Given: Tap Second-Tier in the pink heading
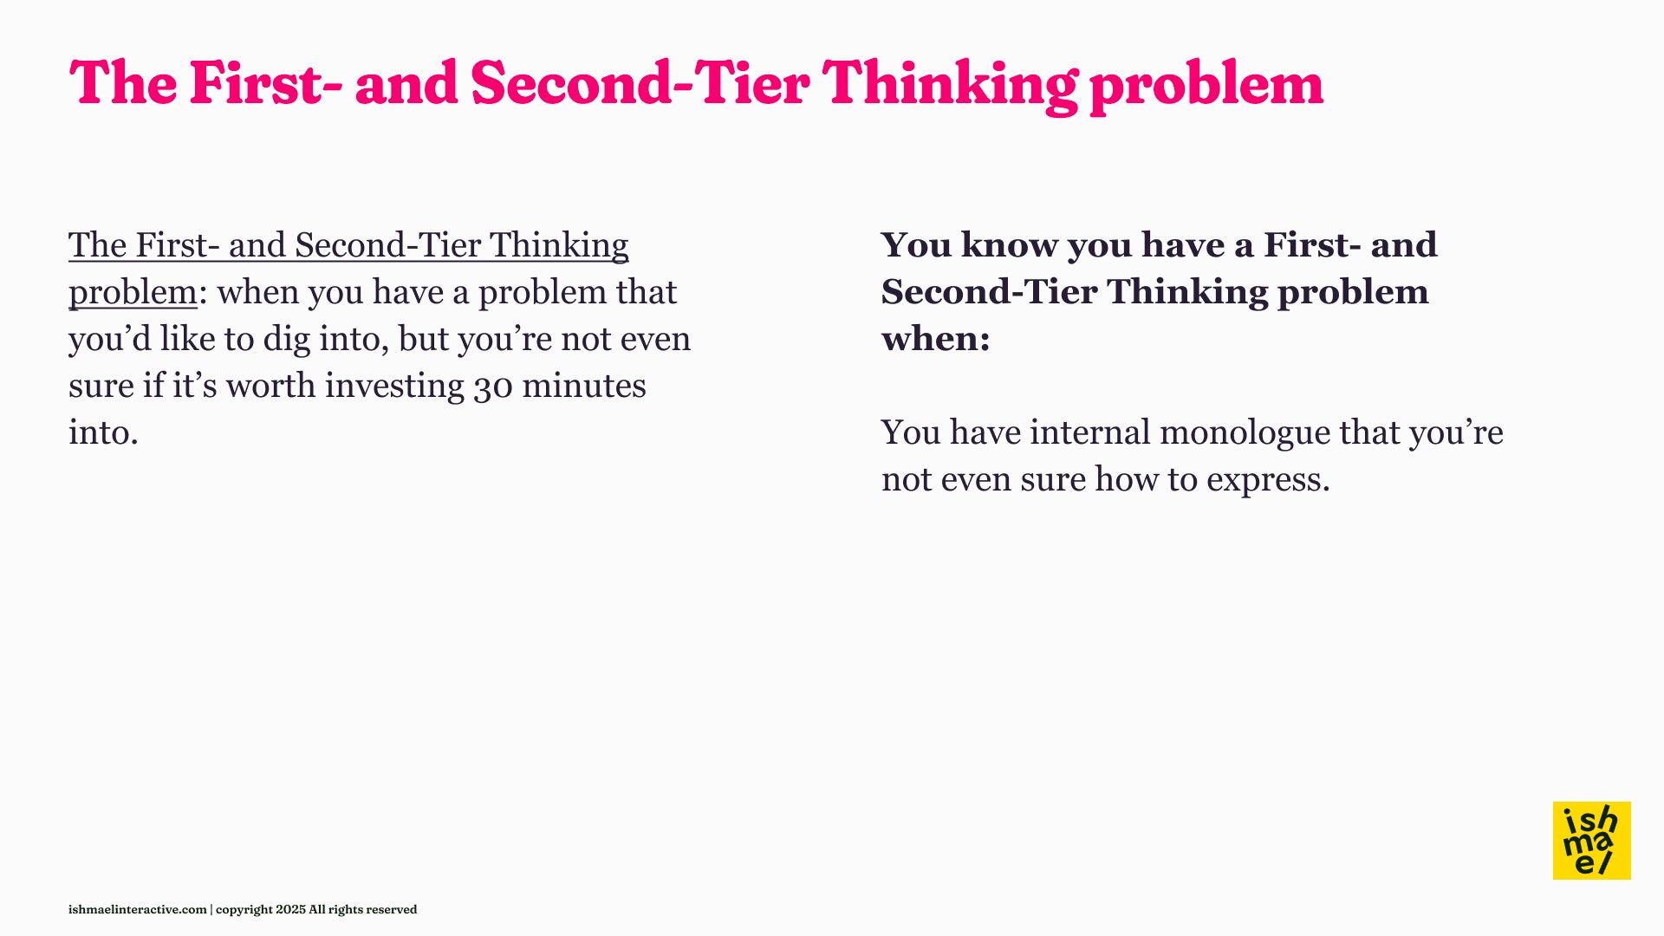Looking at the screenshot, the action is (x=640, y=84).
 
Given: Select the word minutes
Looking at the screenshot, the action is (x=584, y=386).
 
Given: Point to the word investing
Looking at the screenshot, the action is (x=394, y=387).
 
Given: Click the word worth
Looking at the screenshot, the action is (x=270, y=386).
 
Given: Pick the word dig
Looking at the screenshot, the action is (x=286, y=340).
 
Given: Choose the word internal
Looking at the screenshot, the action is (x=1089, y=432).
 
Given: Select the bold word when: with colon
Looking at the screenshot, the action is (x=936, y=339).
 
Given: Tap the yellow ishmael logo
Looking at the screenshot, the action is (x=1591, y=841).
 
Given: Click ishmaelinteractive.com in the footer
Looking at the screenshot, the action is (x=138, y=909).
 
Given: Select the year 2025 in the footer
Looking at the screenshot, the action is (x=290, y=909).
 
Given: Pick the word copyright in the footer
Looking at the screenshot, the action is (x=244, y=910).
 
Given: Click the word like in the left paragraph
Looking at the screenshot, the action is (x=187, y=339).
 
